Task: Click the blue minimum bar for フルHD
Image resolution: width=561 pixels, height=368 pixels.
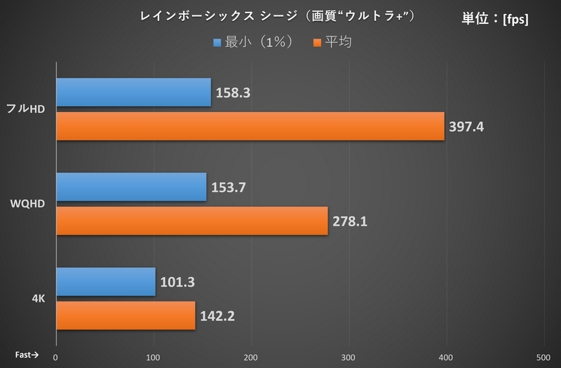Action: coord(134,92)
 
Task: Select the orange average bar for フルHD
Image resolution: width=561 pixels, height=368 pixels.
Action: coord(250,126)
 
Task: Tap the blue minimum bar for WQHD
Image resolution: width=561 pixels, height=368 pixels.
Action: coord(131,186)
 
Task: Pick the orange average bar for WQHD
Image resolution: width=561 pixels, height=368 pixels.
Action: coord(192,221)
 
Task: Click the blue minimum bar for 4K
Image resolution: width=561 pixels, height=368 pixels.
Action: coord(106,282)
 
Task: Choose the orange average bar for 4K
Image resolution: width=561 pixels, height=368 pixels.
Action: coord(126,315)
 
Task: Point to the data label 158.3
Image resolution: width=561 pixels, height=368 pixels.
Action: coord(233,93)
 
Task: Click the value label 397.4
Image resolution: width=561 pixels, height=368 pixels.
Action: coord(466,127)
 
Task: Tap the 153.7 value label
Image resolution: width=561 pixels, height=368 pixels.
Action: coord(229,187)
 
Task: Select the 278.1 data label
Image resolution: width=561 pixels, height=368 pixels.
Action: coord(350,222)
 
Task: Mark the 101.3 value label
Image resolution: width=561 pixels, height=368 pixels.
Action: coord(177,282)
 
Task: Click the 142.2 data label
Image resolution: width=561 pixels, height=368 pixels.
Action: coord(217,316)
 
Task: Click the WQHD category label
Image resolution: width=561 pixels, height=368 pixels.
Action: coord(27,203)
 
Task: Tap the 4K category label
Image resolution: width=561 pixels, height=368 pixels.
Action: coord(39,299)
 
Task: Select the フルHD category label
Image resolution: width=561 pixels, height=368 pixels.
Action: coord(25,109)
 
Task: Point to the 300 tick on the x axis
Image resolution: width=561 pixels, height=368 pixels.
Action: coord(348,357)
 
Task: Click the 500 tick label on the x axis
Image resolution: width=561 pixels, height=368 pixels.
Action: coord(543,357)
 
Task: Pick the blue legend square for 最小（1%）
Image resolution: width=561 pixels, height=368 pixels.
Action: coord(217,43)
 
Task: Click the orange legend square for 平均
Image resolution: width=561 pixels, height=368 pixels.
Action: coord(317,43)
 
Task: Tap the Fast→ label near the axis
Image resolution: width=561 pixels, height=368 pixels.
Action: coord(27,355)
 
